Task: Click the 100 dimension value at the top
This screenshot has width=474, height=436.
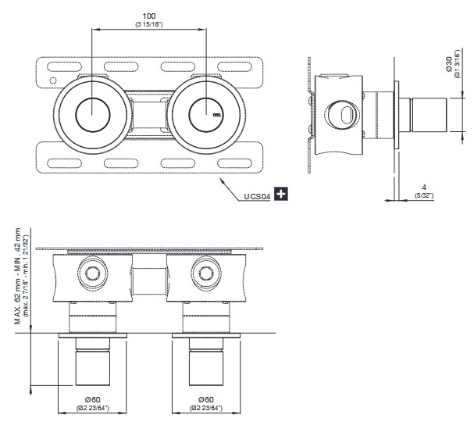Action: (x=148, y=16)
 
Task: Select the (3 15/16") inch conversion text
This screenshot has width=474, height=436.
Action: (x=148, y=24)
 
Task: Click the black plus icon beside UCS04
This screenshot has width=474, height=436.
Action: (x=281, y=196)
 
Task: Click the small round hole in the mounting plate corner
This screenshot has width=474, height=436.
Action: (x=52, y=80)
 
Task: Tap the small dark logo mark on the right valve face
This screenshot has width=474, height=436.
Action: (x=217, y=115)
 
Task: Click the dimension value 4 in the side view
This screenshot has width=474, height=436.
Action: (x=422, y=187)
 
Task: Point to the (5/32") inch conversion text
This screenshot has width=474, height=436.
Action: (x=422, y=195)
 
